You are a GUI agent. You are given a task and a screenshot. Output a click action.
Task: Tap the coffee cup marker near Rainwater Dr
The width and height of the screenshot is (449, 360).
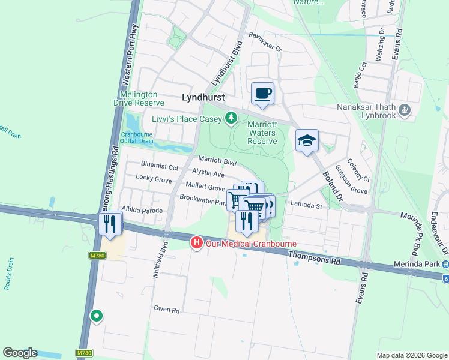point(262,93)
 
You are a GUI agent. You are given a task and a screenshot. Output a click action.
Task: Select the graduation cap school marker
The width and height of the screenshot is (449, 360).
point(307,140)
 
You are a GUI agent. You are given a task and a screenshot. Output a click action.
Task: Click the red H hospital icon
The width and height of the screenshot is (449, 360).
point(196,242)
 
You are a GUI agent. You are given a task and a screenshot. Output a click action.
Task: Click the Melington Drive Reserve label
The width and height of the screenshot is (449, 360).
point(139,98)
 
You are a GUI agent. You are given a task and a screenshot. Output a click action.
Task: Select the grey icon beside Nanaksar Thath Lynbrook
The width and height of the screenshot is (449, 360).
point(406,110)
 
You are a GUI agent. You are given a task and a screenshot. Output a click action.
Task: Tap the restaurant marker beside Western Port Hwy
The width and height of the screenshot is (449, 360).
point(110,224)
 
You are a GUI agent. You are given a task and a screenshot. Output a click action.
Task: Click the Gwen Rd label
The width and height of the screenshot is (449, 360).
point(167,310)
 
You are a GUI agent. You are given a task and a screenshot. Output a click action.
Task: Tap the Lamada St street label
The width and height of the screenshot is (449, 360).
point(307,206)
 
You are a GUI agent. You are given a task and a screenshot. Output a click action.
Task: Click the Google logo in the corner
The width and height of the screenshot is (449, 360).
point(20,353)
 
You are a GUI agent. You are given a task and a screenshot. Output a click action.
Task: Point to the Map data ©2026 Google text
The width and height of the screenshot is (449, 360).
point(411,355)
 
